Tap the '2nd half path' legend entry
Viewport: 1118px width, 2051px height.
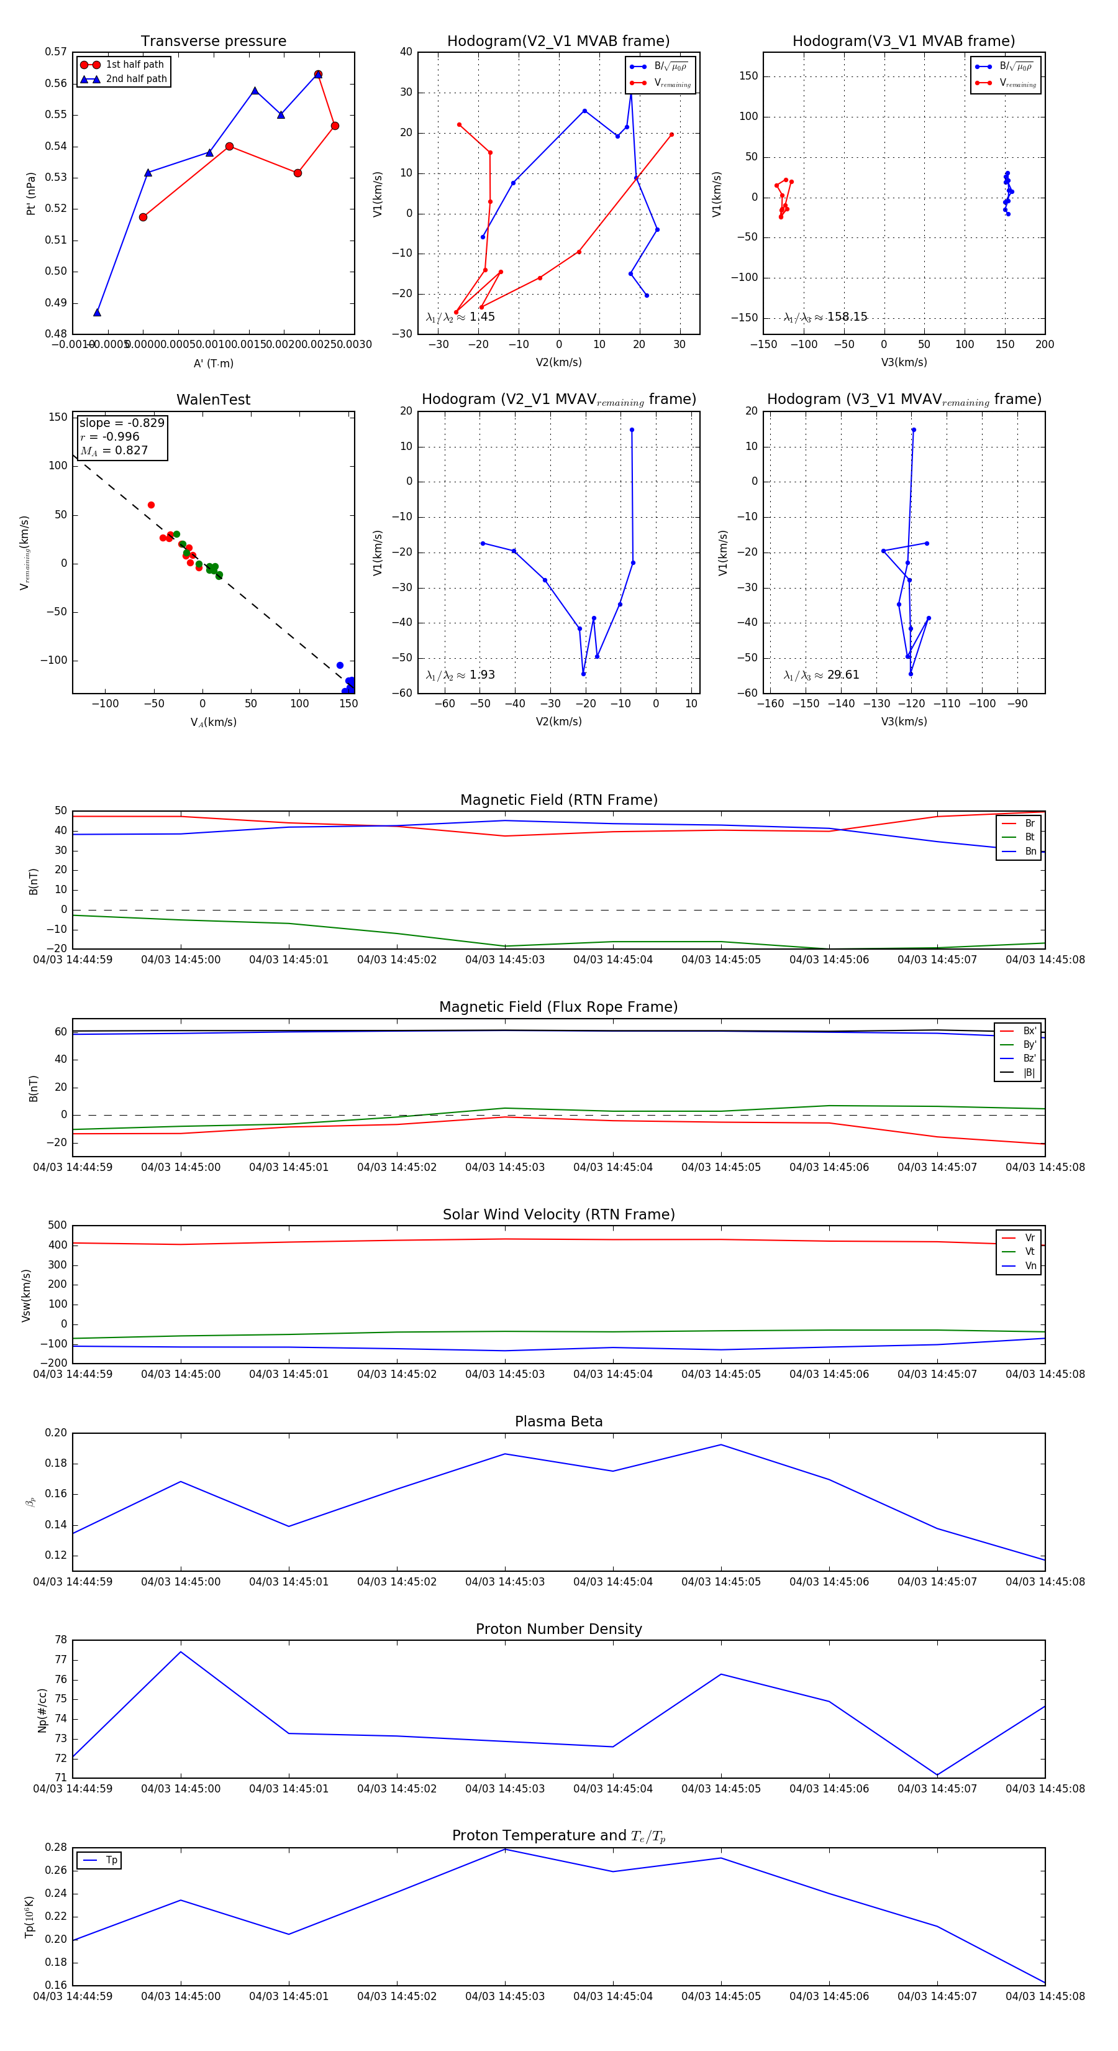[x=136, y=79]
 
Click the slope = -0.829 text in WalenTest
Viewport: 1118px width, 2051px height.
[x=122, y=423]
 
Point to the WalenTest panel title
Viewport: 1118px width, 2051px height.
[x=213, y=400]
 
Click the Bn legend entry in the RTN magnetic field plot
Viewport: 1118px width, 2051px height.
[x=1030, y=851]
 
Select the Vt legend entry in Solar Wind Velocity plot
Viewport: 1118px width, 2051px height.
[x=1030, y=1252]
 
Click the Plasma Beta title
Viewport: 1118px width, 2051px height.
[x=558, y=1421]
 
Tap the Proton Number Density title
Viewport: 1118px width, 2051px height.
[x=558, y=1629]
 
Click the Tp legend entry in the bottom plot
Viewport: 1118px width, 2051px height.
[x=111, y=1860]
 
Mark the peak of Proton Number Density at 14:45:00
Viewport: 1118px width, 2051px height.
[x=181, y=1651]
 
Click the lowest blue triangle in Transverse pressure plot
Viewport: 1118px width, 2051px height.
[x=97, y=312]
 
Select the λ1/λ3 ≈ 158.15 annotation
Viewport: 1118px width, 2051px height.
[x=825, y=317]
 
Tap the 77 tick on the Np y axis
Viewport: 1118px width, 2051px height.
[x=61, y=1660]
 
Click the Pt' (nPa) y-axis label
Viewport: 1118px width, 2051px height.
[x=31, y=193]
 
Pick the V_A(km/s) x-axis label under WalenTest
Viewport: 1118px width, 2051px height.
[x=213, y=722]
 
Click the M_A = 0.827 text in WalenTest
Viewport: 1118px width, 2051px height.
[x=114, y=451]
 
